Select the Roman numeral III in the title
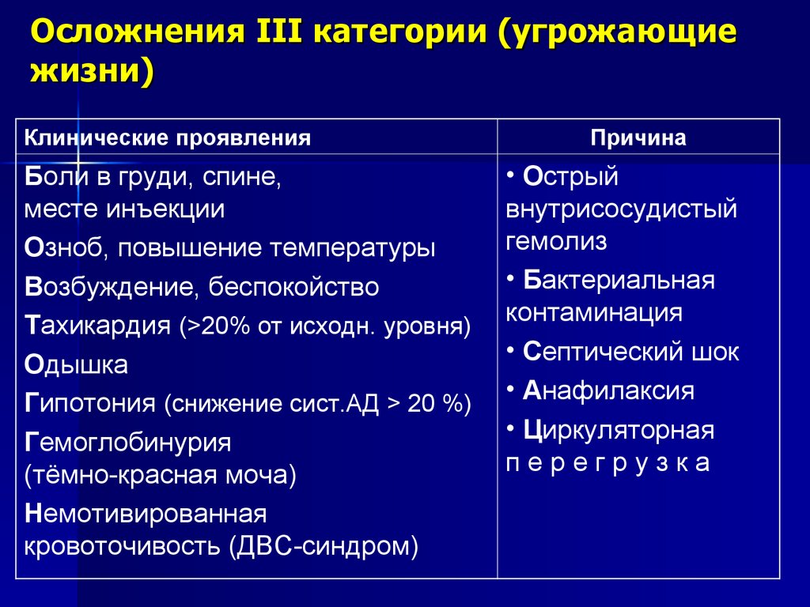coord(274,36)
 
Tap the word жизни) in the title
coord(92,74)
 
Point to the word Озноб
coord(65,249)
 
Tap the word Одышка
coord(77,365)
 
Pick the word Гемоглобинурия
coord(128,443)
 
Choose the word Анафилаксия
coord(608,391)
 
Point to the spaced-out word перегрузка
coord(607,463)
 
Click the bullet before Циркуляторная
coord(513,430)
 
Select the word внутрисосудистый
coord(621,209)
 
